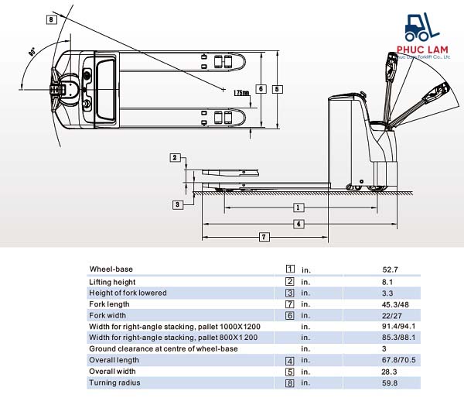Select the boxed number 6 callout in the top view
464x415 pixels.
[x=262, y=89]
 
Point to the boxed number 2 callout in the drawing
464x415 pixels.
[x=175, y=158]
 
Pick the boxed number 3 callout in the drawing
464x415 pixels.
[x=177, y=204]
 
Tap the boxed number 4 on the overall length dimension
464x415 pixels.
[x=299, y=224]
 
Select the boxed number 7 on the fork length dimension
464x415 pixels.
[x=264, y=236]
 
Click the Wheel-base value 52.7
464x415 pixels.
[x=390, y=269]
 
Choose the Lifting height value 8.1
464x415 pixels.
[x=387, y=282]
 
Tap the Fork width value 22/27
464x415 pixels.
[x=391, y=315]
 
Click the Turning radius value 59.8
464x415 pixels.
[x=390, y=382]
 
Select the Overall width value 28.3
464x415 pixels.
[x=390, y=372]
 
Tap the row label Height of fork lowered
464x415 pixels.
[x=128, y=293]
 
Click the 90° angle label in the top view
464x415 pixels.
[x=32, y=52]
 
